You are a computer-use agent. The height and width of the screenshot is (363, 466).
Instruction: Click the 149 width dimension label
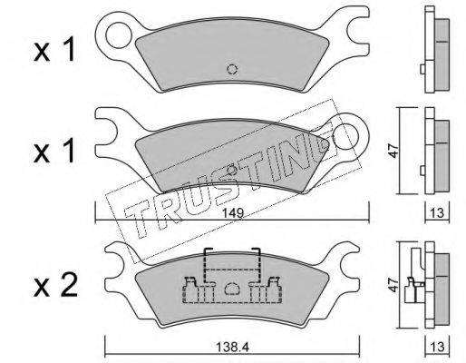[232, 213]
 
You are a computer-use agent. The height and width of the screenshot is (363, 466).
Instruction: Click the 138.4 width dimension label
[232, 348]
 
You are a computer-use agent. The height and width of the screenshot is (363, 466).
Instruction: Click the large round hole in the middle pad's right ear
[345, 137]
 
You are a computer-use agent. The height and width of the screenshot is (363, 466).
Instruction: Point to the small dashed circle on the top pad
[232, 69]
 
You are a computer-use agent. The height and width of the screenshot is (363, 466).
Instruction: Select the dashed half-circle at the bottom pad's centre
[232, 288]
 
